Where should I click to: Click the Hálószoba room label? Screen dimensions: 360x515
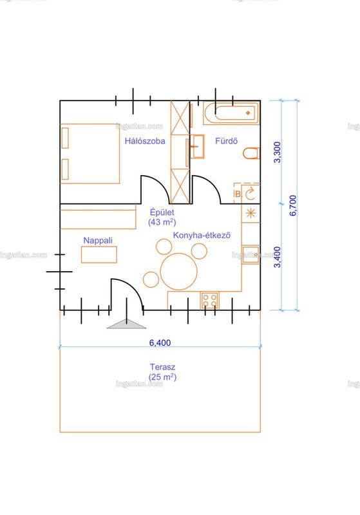[x=145, y=141]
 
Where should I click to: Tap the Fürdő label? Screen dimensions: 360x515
[x=226, y=141]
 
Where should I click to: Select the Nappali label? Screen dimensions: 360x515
[x=98, y=240]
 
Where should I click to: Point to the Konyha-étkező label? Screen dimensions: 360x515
[x=202, y=235]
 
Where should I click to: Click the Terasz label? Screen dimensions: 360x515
[x=162, y=367]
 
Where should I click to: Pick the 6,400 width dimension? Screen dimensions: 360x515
[x=160, y=342]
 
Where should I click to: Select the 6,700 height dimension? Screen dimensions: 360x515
[x=292, y=205]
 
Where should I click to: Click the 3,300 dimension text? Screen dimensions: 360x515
[x=278, y=152]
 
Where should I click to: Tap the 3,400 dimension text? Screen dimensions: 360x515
[x=278, y=257]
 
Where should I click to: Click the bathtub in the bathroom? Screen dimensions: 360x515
[x=231, y=113]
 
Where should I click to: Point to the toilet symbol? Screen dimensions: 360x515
[x=251, y=153]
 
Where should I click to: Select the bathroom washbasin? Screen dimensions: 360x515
[x=197, y=147]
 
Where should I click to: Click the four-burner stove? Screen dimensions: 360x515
[x=209, y=300]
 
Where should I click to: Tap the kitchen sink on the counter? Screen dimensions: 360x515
[x=251, y=254]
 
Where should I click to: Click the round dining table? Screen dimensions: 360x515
[x=178, y=271]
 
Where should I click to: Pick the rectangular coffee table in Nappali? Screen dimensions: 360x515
[x=99, y=254]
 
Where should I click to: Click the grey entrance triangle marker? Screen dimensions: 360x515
[x=126, y=324]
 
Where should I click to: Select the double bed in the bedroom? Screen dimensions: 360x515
[x=90, y=153]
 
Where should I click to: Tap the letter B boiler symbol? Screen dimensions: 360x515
[x=238, y=194]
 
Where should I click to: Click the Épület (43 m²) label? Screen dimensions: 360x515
[x=162, y=217]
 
